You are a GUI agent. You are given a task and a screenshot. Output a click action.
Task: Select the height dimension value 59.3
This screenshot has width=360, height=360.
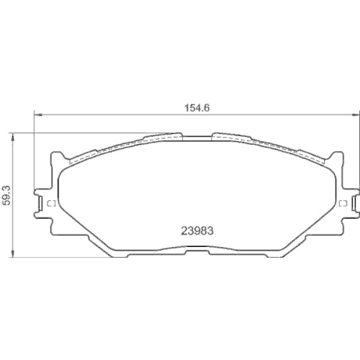(7, 195)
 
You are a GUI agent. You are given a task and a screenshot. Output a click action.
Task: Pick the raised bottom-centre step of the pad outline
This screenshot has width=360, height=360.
(195, 251)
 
